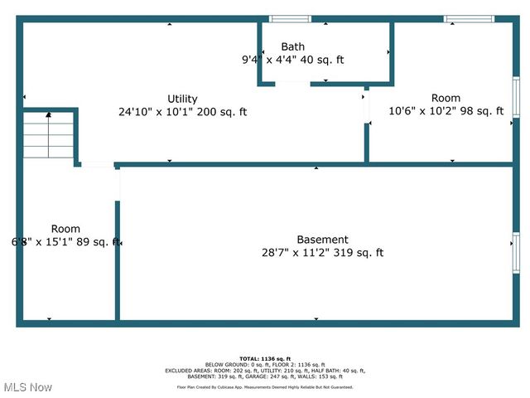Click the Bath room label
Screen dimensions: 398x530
pyautogui.click(x=292, y=46)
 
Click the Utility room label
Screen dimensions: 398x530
pyautogui.click(x=182, y=99)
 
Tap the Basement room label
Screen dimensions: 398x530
pyautogui.click(x=322, y=240)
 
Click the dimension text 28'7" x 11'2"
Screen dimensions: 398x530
pyautogui.click(x=293, y=253)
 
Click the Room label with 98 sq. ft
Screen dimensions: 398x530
pyautogui.click(x=446, y=98)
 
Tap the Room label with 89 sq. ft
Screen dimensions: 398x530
pyautogui.click(x=65, y=229)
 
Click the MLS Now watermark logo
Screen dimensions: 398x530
pyautogui.click(x=26, y=387)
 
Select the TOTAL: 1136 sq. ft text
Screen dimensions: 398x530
pyautogui.click(x=265, y=358)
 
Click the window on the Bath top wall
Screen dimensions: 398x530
pyautogui.click(x=291, y=19)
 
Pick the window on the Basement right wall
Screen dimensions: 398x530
pyautogui.click(x=516, y=253)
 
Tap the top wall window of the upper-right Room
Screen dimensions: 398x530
pyautogui.click(x=469, y=19)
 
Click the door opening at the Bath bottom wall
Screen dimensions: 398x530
pyautogui.click(x=292, y=82)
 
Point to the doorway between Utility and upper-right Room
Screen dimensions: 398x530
pyautogui.click(x=366, y=108)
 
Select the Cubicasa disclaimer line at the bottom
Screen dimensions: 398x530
pyautogui.click(x=265, y=387)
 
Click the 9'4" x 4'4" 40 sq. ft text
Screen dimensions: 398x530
pyautogui.click(x=292, y=60)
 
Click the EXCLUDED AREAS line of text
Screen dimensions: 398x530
pyautogui.click(x=265, y=371)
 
